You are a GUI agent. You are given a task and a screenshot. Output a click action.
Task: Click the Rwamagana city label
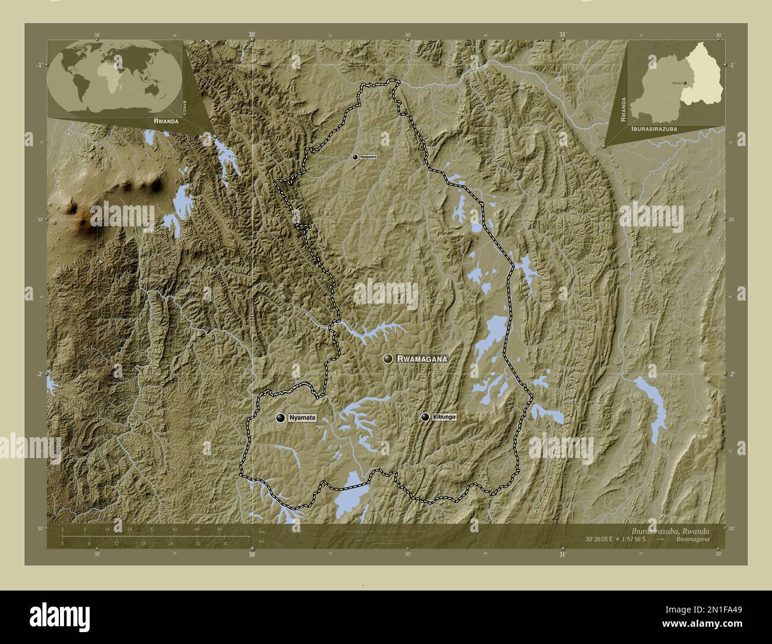(421, 359)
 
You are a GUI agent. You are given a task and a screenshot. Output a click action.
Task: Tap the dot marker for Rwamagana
(388, 358)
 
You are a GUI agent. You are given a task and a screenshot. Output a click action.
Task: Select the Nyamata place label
(302, 418)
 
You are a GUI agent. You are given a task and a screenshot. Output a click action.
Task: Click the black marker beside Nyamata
(280, 418)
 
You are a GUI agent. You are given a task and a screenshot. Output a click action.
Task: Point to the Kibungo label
(444, 417)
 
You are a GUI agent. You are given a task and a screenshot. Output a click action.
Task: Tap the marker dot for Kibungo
(425, 417)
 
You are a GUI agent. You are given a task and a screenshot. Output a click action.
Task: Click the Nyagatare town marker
(355, 157)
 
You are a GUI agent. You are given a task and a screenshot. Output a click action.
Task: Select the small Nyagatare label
(369, 157)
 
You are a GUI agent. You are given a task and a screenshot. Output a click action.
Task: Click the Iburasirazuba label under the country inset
(656, 128)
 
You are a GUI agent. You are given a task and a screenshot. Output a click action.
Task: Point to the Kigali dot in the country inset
(685, 83)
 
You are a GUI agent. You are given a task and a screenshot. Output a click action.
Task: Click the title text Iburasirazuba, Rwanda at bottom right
(670, 530)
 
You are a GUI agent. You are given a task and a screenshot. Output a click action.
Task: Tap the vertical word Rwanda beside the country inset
(624, 109)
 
